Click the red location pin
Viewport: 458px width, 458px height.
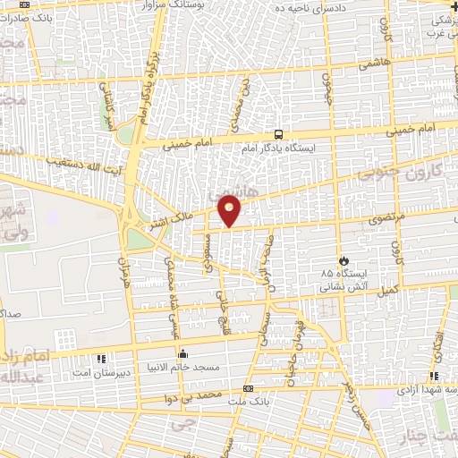pyautogui.click(x=230, y=209)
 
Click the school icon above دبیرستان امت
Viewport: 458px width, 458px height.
pyautogui.click(x=101, y=358)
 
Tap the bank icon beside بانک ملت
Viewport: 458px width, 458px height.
pyautogui.click(x=248, y=389)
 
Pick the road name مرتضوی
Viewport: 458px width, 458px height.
pyautogui.click(x=388, y=217)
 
